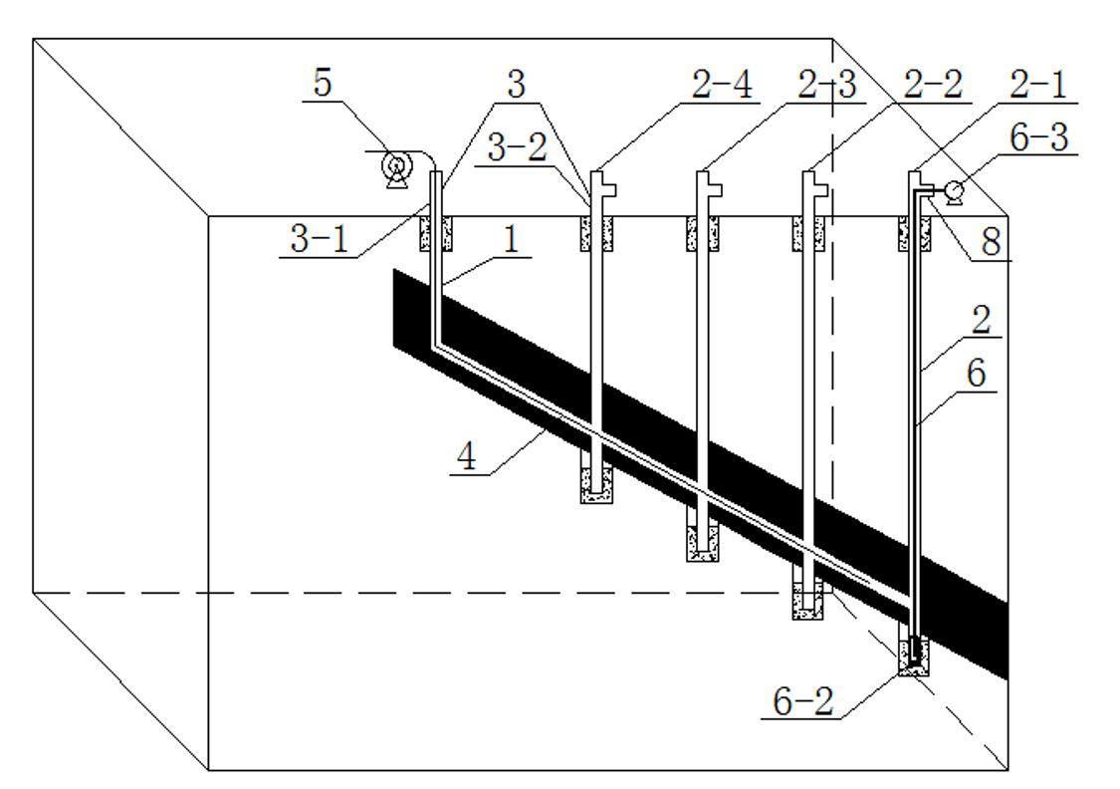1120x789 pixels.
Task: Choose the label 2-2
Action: pos(934,88)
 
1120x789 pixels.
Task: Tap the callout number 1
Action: pos(508,241)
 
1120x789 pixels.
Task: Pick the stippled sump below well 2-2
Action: pos(808,602)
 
